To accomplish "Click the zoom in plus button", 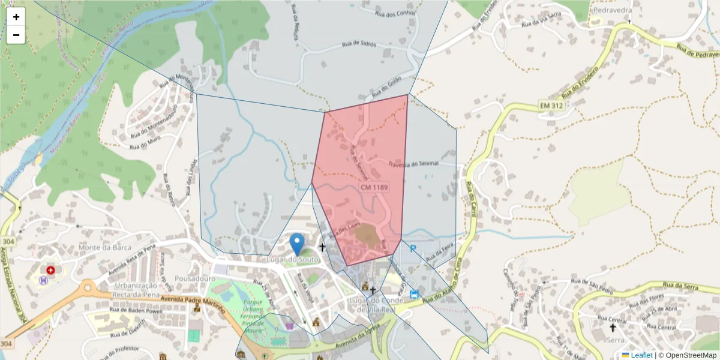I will (x=16, y=17).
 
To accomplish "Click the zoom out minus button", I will (x=16, y=35).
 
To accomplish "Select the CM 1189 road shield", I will (x=374, y=188).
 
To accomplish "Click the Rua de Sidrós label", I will (x=359, y=44).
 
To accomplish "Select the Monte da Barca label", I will (x=96, y=247).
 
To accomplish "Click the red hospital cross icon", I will (x=50, y=271).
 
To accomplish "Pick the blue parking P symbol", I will (x=413, y=247).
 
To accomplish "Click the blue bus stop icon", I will (x=415, y=294).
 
